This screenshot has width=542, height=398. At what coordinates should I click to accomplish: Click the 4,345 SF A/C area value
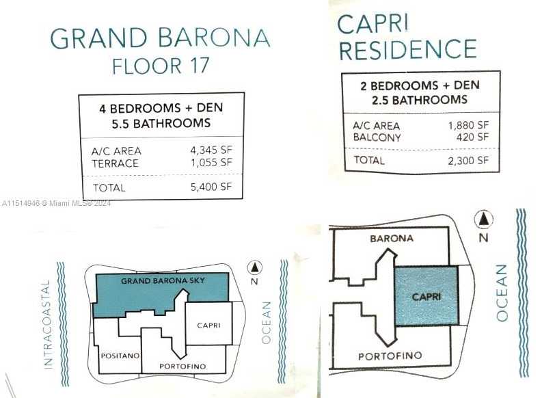point(211,150)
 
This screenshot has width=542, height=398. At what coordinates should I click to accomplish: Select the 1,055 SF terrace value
point(212,163)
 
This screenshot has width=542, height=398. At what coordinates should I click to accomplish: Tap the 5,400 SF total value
point(211,187)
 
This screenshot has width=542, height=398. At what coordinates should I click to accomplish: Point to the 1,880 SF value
point(468,125)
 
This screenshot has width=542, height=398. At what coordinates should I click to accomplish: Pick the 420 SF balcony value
point(472,137)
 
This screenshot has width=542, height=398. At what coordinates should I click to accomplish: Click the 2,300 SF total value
point(468,161)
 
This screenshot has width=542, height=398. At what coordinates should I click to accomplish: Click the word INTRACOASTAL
point(47,324)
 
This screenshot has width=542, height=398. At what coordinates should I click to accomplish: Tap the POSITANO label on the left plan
point(120,356)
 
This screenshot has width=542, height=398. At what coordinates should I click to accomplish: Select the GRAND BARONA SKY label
point(163,281)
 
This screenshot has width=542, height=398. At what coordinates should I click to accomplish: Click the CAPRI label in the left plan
point(208,326)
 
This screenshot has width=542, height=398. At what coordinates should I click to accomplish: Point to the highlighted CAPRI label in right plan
point(426,297)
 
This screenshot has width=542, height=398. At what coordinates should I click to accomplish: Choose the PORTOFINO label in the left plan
point(182,366)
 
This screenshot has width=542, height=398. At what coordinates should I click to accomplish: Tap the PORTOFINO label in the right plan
point(390,356)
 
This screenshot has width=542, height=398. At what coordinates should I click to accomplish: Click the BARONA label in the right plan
point(392,238)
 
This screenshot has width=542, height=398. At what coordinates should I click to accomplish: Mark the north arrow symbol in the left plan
point(255,267)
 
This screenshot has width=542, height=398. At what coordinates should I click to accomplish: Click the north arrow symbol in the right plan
point(484,220)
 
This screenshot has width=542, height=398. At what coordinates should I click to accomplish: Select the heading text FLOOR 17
point(161,66)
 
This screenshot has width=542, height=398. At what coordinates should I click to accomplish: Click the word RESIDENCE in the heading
point(408,49)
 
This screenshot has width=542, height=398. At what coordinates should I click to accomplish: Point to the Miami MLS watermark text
point(56,203)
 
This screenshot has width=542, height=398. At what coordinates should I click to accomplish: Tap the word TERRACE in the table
point(115,163)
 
